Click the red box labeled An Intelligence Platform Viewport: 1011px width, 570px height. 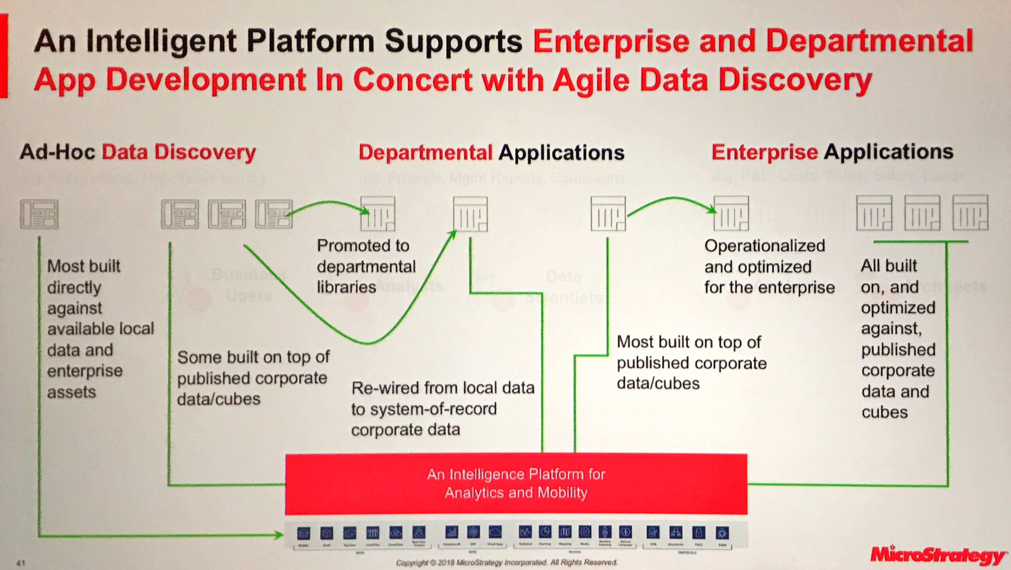(x=516, y=484)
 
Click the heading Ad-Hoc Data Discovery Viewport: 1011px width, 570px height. (x=137, y=152)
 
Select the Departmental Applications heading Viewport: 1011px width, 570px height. (x=491, y=152)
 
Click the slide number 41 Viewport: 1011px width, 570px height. (x=21, y=563)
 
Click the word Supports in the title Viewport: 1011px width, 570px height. (x=453, y=42)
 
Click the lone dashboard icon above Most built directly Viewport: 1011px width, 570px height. (x=39, y=214)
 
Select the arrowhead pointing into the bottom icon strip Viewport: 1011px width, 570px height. (x=279, y=534)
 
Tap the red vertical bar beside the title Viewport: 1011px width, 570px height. (x=4, y=55)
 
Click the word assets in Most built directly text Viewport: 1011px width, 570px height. (x=72, y=392)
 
